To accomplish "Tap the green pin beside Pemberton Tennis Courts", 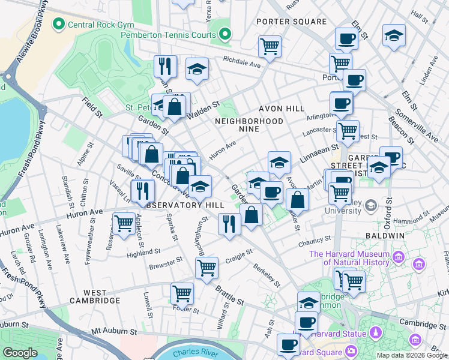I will [225, 34].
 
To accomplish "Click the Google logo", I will [20, 353].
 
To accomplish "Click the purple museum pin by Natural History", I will [397, 259].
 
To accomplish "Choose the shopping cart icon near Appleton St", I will [124, 224].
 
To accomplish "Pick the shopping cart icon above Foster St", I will [182, 293].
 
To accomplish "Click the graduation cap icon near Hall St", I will [394, 35].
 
